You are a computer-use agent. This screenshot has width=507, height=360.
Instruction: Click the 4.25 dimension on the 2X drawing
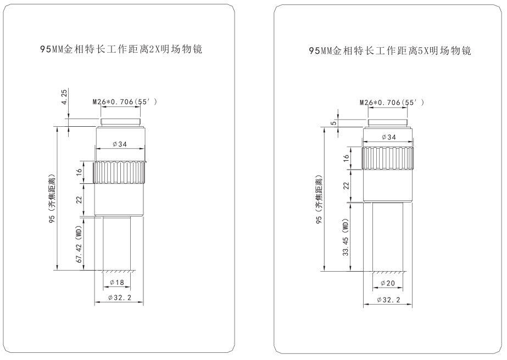tap(65, 98)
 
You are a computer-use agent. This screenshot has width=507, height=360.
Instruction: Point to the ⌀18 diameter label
tap(117, 282)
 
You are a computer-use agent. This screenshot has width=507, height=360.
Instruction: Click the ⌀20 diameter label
tap(388, 284)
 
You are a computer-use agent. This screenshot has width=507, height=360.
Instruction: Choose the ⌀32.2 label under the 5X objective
tap(388, 300)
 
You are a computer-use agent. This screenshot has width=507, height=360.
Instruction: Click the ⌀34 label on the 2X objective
tap(120, 144)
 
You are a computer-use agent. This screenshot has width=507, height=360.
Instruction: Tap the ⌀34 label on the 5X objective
tap(388, 137)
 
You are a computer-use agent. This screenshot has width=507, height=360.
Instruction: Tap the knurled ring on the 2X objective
tap(121, 173)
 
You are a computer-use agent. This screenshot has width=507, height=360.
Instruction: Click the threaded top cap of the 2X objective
tap(121, 122)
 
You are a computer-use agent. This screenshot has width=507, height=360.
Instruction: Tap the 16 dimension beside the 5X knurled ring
tap(346, 158)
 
